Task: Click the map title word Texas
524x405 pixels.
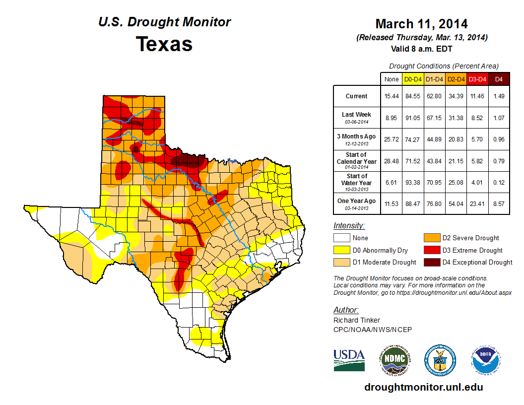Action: point(164,44)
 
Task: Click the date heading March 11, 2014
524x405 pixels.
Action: point(421,24)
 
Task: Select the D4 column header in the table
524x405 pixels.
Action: point(499,79)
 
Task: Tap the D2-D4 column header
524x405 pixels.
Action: point(456,79)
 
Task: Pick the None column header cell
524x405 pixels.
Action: point(392,79)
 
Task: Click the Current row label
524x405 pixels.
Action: point(357,96)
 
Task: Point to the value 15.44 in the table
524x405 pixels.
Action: point(392,96)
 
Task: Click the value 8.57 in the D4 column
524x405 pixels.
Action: point(499,203)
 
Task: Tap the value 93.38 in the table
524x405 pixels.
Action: point(413,182)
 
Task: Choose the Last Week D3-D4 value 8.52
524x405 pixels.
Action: point(477,118)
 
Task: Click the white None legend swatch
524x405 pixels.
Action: point(342,238)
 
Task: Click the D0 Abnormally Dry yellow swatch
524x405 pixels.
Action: point(342,250)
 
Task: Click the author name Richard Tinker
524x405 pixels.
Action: point(357,320)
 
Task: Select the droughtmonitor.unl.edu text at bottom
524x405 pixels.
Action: point(423,387)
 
